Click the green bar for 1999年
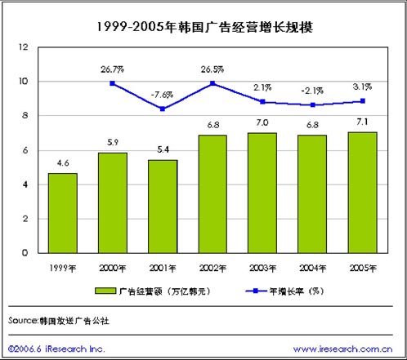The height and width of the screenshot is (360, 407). [x=63, y=213]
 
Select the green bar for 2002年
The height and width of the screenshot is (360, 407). [x=212, y=194]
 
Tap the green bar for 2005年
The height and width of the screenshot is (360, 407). [x=363, y=193]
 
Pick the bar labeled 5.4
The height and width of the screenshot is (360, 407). [x=163, y=207]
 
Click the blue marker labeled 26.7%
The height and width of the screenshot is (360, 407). [x=113, y=83]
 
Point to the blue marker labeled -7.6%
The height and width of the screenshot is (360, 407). [x=163, y=109]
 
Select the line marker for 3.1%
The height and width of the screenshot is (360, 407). [x=363, y=101]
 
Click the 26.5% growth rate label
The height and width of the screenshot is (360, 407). [x=212, y=69]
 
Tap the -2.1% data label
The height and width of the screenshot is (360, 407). [x=312, y=91]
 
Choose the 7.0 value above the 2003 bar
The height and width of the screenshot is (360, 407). [x=262, y=122]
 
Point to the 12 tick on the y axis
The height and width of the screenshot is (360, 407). [x=24, y=47]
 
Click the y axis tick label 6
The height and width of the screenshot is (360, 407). [x=25, y=150]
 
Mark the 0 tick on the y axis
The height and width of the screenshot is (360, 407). [x=25, y=253]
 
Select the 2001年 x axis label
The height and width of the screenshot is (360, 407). [x=163, y=269]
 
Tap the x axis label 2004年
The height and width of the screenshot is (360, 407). [x=313, y=269]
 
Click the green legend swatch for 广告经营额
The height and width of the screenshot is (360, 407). [x=105, y=291]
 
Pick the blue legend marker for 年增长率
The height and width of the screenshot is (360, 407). [x=256, y=291]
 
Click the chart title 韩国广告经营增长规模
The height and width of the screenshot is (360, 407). [x=245, y=27]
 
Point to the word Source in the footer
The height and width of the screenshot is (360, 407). [x=22, y=320]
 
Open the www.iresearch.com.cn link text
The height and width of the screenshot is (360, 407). [x=343, y=349]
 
